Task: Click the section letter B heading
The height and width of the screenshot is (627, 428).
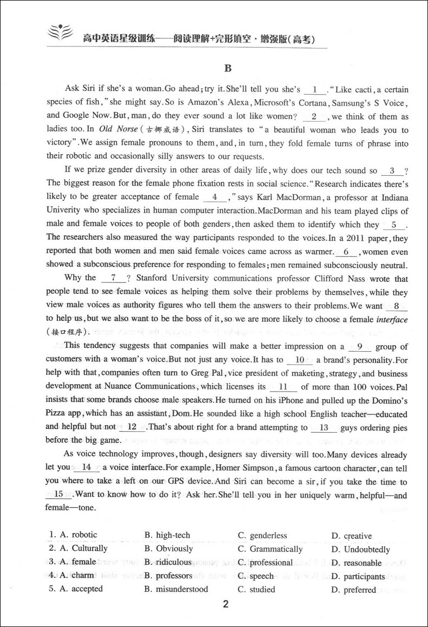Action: click(228, 68)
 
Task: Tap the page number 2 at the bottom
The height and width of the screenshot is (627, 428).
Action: click(227, 605)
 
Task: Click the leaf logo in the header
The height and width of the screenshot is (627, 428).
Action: click(58, 36)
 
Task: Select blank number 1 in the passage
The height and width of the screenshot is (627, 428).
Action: click(314, 90)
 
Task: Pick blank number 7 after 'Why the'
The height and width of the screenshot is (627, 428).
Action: click(113, 278)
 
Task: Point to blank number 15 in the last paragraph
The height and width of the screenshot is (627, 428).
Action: click(59, 494)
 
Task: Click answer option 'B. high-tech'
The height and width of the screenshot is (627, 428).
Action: click(167, 536)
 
